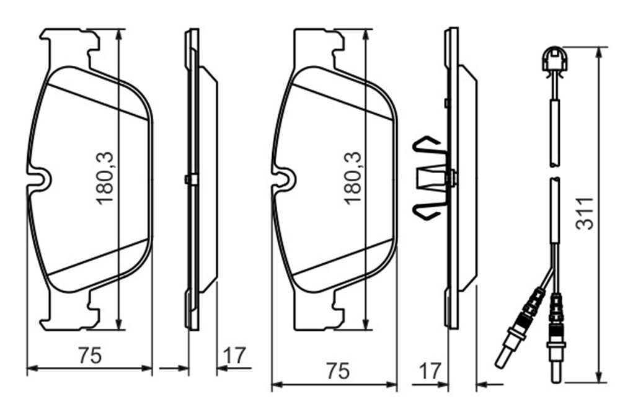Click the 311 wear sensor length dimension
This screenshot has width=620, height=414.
[585, 214]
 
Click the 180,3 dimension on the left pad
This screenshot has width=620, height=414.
[105, 178]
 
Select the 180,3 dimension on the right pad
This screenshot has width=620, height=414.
[353, 178]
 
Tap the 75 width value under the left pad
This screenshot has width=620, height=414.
[90, 355]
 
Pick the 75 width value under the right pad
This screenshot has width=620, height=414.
[338, 371]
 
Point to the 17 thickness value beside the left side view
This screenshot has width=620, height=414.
[234, 356]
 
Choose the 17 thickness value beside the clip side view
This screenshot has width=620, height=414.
[430, 371]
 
